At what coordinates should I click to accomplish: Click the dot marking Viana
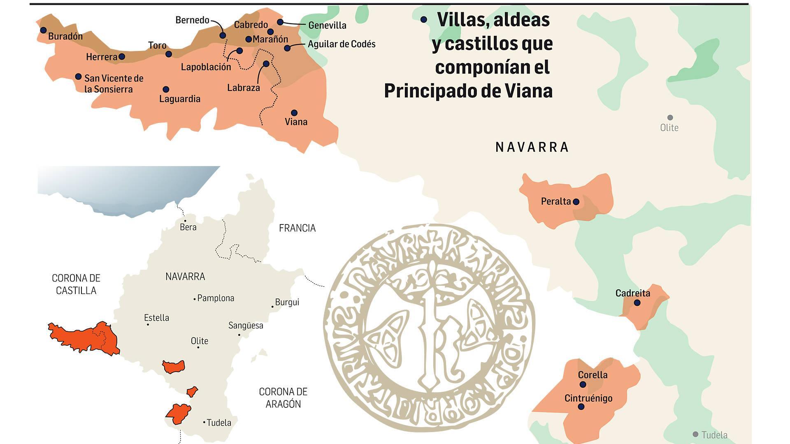(294, 113)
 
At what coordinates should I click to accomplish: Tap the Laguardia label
(180, 99)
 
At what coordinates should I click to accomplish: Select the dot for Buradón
(43, 30)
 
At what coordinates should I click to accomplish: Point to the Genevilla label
(327, 25)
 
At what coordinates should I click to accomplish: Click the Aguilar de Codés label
(342, 44)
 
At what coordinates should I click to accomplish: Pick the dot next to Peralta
(576, 201)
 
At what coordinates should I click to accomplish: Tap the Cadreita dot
(637, 303)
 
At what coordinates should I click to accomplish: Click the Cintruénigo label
(588, 398)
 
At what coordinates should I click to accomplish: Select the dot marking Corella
(583, 384)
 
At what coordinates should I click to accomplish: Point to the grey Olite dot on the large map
(670, 118)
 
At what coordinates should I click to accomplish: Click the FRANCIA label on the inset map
(297, 228)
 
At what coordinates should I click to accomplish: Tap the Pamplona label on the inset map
(216, 298)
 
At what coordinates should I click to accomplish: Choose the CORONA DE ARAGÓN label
(283, 398)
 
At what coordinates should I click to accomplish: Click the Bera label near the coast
(188, 227)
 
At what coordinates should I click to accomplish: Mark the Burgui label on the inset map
(287, 302)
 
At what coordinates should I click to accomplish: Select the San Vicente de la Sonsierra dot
(78, 76)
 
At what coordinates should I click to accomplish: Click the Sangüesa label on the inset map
(246, 326)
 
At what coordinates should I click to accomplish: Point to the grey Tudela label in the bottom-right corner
(714, 435)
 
